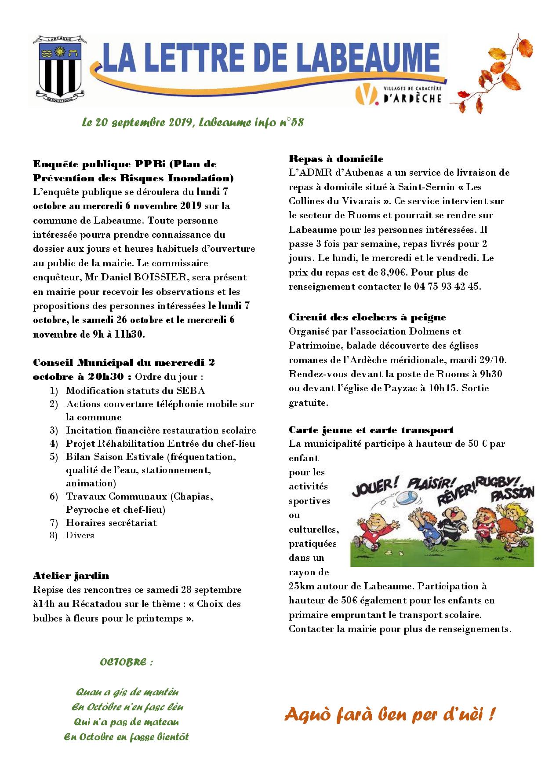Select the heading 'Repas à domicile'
pyautogui.click(x=336, y=158)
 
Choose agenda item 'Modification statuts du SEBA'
pyautogui.click(x=135, y=390)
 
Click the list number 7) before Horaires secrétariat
pyautogui.click(x=54, y=523)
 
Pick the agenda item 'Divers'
pyautogui.click(x=80, y=535)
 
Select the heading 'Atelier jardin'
pyautogui.click(x=71, y=575)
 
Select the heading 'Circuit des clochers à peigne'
pyautogui.click(x=367, y=317)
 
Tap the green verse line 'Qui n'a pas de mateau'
pyautogui.click(x=127, y=722)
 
